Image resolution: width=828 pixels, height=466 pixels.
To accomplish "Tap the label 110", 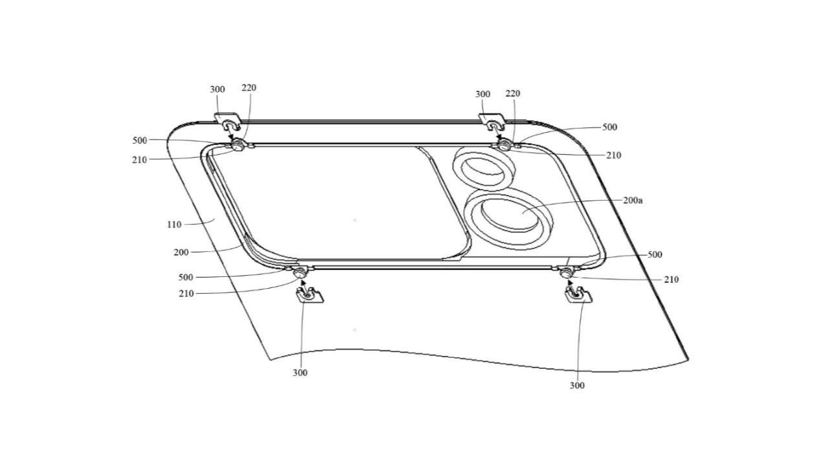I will point(174,225).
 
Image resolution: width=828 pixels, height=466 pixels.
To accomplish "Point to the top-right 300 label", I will point(483,94).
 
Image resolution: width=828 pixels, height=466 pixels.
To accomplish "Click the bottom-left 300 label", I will point(300,373).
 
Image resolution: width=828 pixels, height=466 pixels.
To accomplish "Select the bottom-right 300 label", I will point(577,386).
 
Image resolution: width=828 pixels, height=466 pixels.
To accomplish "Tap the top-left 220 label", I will point(248,88).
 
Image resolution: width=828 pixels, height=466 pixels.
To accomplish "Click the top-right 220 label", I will point(512,94).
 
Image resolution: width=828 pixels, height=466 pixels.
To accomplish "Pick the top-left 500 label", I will point(139,140).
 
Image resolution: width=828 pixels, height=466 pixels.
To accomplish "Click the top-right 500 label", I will point(609,128).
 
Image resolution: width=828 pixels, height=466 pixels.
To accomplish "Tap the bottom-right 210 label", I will point(671,280).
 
